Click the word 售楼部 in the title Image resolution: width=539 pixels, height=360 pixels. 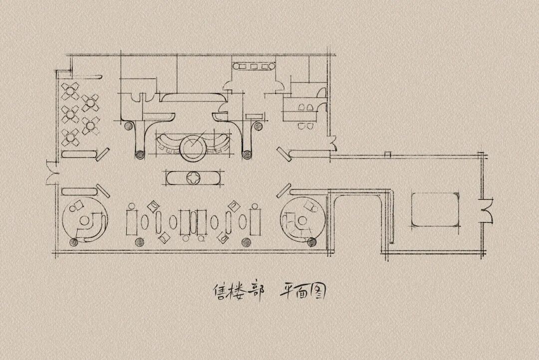click(x=239, y=292)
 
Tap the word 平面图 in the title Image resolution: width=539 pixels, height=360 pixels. click(x=302, y=292)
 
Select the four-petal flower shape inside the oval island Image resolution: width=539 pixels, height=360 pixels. click(x=192, y=178)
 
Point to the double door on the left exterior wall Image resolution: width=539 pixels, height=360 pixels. click(x=51, y=173)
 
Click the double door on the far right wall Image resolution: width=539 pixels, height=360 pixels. click(x=488, y=210)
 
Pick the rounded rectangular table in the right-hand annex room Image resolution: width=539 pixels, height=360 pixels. click(x=435, y=209)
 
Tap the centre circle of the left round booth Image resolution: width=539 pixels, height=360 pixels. click(x=84, y=220)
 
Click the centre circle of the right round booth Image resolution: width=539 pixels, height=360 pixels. click(x=302, y=220)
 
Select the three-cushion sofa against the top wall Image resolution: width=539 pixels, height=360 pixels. click(x=254, y=66)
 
